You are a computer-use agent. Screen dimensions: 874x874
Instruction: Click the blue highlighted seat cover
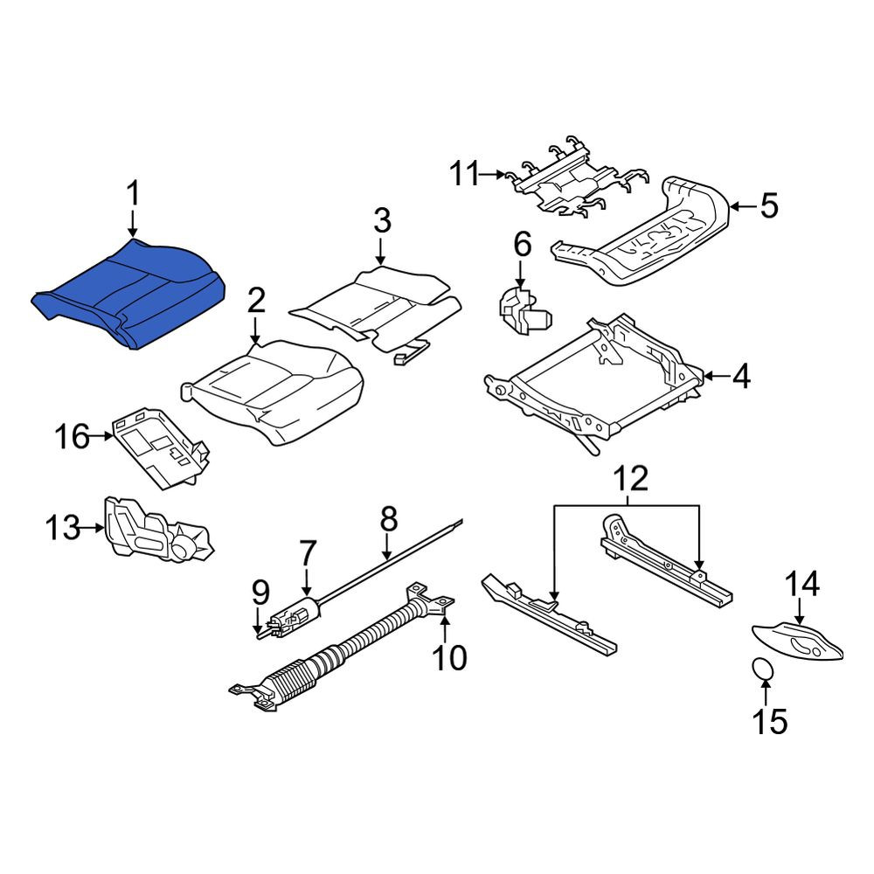point(129,294)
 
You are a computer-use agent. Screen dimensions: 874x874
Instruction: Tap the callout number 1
point(132,195)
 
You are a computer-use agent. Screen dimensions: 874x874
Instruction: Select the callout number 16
point(72,436)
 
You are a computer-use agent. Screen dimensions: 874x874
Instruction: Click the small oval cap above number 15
point(762,669)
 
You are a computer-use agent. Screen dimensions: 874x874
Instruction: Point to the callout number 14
point(802,584)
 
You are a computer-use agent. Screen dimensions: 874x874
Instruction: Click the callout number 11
point(465,174)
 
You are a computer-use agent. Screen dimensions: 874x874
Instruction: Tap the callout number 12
point(632,478)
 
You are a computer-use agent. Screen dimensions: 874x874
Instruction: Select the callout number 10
point(450,658)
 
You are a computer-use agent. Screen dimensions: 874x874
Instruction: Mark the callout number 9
point(260,595)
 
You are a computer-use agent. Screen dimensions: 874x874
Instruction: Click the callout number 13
point(63,528)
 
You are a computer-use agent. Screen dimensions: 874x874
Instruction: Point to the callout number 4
point(741,377)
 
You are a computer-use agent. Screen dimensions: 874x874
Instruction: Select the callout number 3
point(382,220)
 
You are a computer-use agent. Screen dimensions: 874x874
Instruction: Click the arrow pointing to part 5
point(743,207)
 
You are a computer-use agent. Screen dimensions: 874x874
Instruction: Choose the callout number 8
point(389,519)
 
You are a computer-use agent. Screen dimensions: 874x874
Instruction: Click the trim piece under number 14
point(798,642)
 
